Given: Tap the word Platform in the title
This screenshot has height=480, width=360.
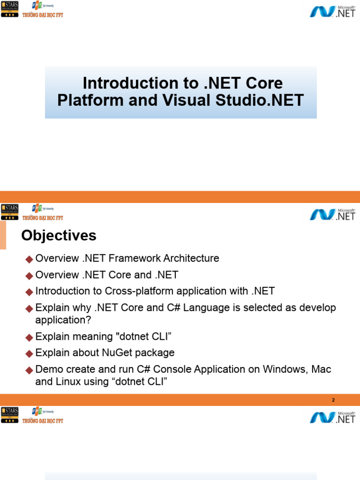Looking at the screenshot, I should click(86, 100).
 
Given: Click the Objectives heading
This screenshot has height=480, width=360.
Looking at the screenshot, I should click(59, 235).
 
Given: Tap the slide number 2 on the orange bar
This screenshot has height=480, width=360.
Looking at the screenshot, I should click(333, 400).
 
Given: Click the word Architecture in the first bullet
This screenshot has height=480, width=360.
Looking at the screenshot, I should click(189, 258).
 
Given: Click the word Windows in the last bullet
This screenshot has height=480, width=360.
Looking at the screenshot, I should click(280, 369).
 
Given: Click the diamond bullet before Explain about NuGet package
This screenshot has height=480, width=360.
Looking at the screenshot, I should click(30, 353).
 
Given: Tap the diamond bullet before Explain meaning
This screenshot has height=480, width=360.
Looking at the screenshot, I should click(30, 337).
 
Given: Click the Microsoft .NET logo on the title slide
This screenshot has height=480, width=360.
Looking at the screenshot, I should click(332, 11).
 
